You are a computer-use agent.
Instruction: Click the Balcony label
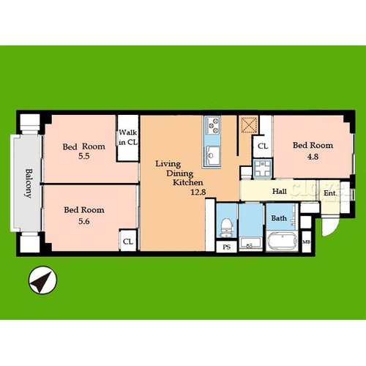click(29, 183)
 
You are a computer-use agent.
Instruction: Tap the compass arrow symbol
click(42, 280)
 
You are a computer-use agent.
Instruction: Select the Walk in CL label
click(128, 137)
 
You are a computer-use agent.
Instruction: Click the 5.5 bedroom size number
click(84, 156)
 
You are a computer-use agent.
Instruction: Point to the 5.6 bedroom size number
click(84, 221)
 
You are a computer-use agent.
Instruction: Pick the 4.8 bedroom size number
click(313, 157)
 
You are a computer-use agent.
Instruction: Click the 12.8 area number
click(198, 192)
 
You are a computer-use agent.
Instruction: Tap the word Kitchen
click(188, 182)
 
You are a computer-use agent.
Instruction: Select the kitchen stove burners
click(212, 125)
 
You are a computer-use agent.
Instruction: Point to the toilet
click(227, 228)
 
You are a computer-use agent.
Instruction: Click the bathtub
click(283, 242)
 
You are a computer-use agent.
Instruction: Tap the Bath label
click(279, 218)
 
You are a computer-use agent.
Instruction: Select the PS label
click(226, 247)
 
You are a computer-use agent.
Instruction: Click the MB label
click(307, 242)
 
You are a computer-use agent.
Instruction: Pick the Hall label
click(280, 191)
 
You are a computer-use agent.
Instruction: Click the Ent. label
click(330, 193)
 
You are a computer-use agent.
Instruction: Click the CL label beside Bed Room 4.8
click(263, 146)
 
